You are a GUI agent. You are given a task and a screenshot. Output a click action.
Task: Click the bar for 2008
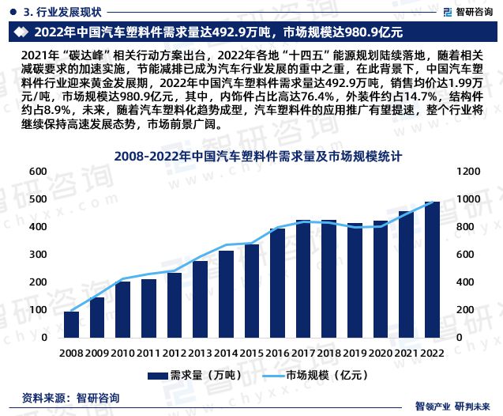pyautogui.click(x=71, y=324)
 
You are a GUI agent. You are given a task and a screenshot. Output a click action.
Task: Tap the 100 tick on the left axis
pyautogui.click(x=36, y=310)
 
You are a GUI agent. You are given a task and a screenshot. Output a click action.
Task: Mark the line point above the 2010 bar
pyautogui.click(x=123, y=279)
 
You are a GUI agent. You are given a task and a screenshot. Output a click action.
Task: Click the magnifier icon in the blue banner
pyautogui.click(x=21, y=32)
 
